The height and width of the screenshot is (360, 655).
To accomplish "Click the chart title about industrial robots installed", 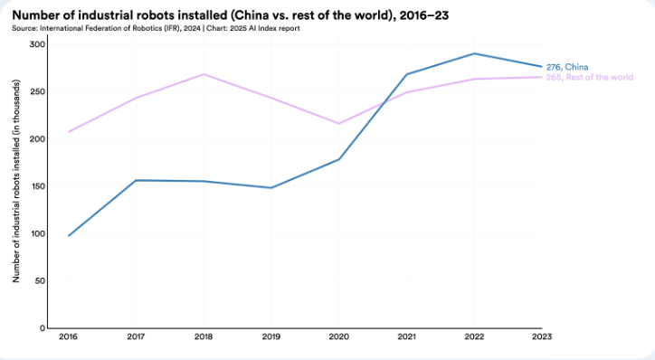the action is [231, 15].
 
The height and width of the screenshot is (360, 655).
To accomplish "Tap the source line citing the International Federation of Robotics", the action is [156, 28].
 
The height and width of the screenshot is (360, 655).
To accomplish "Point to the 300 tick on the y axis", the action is [37, 44].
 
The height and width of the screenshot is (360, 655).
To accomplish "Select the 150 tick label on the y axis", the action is [37, 186].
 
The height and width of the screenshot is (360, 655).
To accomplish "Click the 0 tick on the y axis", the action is [43, 328].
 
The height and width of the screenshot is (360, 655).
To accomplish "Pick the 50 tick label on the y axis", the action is [40, 281].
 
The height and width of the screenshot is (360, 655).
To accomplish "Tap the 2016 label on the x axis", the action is [68, 336].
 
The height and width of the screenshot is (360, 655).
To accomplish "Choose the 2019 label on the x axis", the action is [271, 336].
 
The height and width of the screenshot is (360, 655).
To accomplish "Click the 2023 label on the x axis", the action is [542, 336].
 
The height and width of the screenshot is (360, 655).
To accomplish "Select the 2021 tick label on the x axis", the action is [406, 336].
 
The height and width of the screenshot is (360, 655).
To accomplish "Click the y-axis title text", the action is [16, 181].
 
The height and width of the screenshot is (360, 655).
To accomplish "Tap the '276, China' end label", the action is [567, 67].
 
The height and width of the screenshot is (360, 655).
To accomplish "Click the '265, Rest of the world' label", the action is [590, 77].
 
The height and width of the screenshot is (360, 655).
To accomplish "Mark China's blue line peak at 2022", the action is [474, 53].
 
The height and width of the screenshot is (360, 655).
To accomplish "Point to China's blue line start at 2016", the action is [69, 236].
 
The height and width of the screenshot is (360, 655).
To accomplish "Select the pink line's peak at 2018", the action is [204, 74].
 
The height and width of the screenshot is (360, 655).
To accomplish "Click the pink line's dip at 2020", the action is [338, 124].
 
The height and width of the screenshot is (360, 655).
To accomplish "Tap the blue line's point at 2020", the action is [338, 159].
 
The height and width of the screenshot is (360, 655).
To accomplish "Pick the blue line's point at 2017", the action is [136, 180].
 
